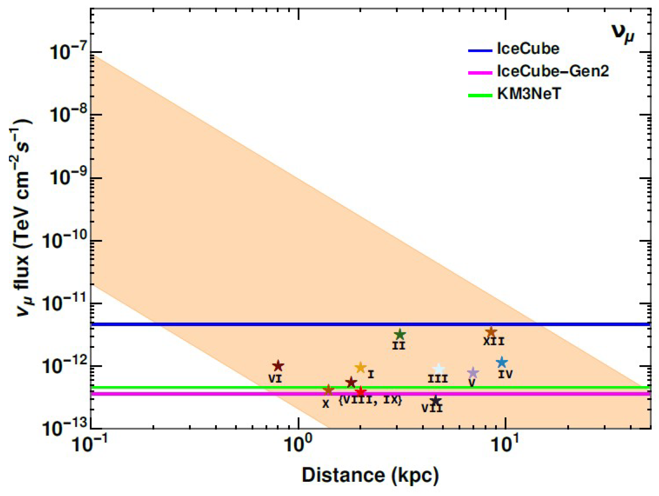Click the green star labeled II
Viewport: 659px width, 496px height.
tap(400, 334)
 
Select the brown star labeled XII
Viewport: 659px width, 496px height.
tap(491, 331)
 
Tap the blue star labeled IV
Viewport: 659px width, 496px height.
tap(502, 362)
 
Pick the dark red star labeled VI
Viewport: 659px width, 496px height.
tap(278, 366)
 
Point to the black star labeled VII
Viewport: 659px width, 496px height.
tap(436, 401)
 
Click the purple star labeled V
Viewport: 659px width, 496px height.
tap(473, 372)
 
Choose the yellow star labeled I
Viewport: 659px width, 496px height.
tap(361, 368)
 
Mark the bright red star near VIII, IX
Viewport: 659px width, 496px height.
tap(361, 391)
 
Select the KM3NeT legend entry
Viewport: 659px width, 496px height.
tap(529, 94)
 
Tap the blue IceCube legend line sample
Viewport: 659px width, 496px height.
tap(480, 51)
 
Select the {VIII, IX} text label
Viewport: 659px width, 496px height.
tap(371, 400)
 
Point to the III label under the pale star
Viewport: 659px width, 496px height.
tap(438, 379)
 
